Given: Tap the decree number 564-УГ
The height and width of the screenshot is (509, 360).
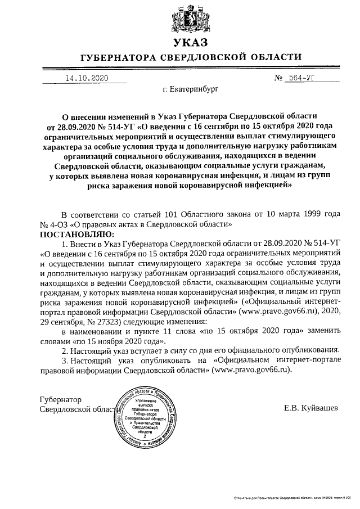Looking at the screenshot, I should [305, 78].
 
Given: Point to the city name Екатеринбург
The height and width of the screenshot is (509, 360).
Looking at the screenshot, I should [190, 89].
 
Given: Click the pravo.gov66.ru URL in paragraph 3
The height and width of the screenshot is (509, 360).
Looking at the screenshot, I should [253, 370].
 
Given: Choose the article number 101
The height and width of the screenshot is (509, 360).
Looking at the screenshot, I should [173, 214].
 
